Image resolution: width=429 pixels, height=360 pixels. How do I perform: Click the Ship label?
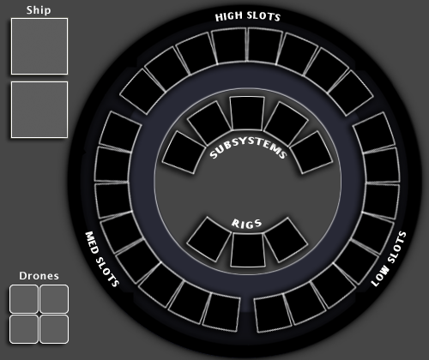(39, 10)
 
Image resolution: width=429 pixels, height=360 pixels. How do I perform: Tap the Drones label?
(39, 276)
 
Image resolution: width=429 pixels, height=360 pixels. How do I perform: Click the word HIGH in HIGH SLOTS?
(228, 16)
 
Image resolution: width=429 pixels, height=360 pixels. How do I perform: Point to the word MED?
(93, 243)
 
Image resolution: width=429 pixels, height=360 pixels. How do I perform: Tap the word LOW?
(380, 275)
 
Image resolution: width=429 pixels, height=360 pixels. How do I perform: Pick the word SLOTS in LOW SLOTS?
(397, 247)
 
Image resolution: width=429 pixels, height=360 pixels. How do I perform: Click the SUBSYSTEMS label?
(248, 148)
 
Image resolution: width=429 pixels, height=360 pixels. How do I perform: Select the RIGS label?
(246, 224)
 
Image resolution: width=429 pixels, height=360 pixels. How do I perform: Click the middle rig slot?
(247, 250)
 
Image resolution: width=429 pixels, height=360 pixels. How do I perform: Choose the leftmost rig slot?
(208, 239)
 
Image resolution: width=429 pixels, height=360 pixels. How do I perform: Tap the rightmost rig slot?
(286, 240)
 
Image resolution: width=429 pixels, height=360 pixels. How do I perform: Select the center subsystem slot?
(247, 113)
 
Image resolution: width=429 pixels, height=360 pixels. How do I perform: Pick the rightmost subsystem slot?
(311, 153)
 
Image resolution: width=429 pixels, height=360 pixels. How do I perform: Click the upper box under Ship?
(39, 46)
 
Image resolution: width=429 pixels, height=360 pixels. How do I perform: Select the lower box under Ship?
(39, 110)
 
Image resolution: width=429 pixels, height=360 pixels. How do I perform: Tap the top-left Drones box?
(24, 299)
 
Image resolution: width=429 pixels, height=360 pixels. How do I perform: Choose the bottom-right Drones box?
(54, 329)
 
